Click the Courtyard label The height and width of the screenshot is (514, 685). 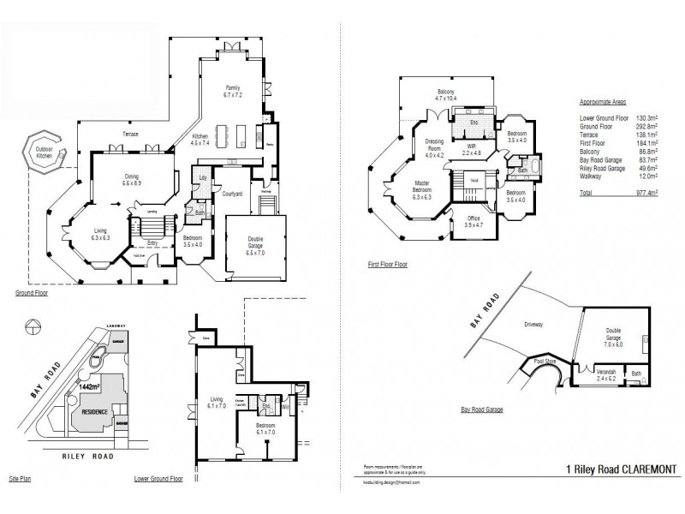coord(233,194)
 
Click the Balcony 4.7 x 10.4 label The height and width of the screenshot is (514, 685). coord(446,95)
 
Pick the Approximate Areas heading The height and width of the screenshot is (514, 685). coord(604,101)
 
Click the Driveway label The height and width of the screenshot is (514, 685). coord(534,325)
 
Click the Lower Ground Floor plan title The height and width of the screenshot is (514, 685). coord(159,478)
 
